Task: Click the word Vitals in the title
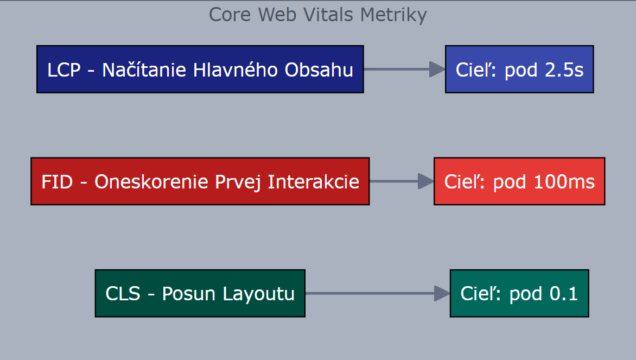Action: (328, 15)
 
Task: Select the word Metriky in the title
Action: (393, 16)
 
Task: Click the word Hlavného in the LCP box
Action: (236, 70)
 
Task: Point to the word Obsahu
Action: (319, 70)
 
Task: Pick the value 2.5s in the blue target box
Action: (564, 70)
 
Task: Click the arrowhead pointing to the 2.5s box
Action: (437, 70)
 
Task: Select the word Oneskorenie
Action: (152, 182)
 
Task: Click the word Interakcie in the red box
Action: (314, 182)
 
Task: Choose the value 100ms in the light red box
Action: (564, 182)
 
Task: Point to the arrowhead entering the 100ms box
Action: (426, 181)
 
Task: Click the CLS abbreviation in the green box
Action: (123, 294)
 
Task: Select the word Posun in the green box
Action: (189, 294)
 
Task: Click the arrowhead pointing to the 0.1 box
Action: (442, 293)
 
